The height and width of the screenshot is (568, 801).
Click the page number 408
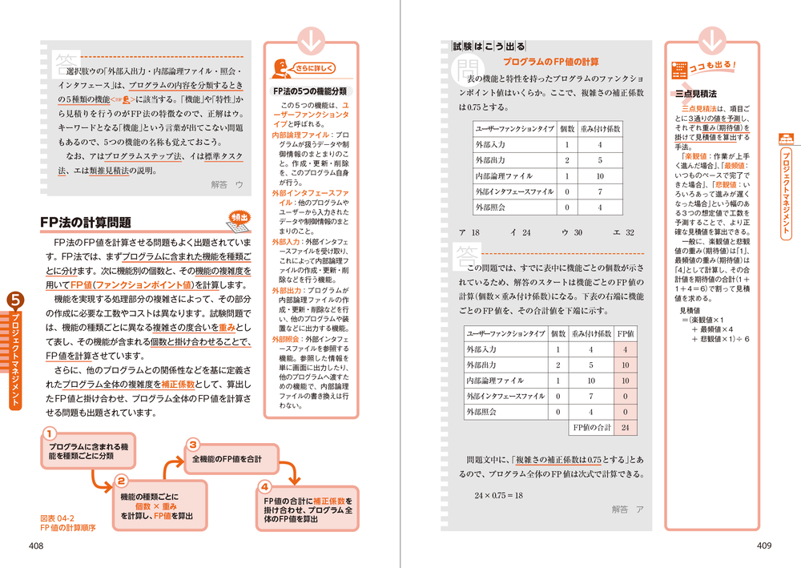click(34, 546)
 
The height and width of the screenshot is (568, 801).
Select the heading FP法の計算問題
click(86, 222)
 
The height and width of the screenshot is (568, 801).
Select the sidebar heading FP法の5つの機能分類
click(310, 91)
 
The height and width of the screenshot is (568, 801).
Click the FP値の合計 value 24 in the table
click(624, 428)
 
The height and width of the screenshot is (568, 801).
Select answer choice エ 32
click(623, 232)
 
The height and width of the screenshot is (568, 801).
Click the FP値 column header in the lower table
click(625, 333)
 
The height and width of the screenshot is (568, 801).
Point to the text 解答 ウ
click(227, 184)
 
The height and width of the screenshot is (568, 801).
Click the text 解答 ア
click(627, 509)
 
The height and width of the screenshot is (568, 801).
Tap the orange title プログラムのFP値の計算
click(550, 62)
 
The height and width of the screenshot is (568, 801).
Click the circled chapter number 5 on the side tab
click(16, 301)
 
